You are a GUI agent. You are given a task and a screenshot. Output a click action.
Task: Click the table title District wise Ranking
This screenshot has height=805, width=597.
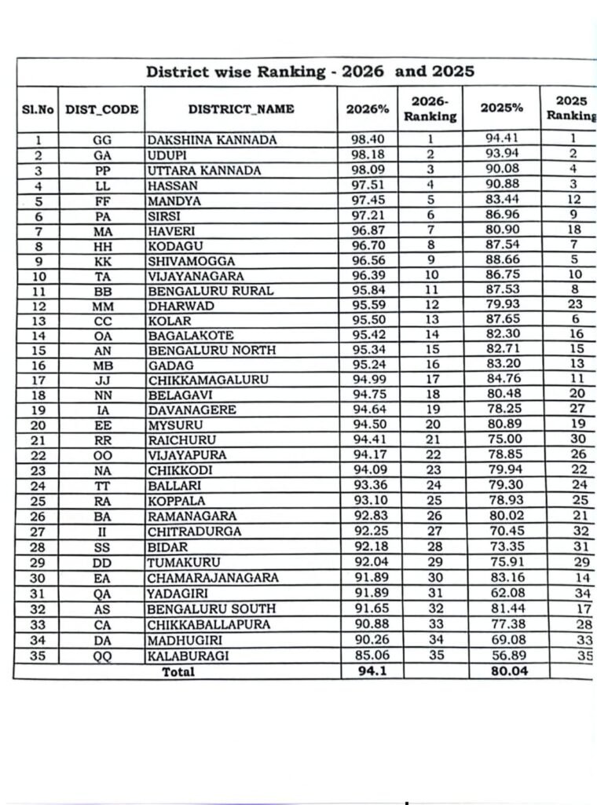[x=310, y=72]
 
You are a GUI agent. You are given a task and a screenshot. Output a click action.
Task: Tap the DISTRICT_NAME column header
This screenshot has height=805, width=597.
[x=241, y=109]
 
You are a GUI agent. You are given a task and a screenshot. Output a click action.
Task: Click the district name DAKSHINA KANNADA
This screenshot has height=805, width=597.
[x=212, y=140]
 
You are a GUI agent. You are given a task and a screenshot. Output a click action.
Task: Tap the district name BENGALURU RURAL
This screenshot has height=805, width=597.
[x=211, y=291]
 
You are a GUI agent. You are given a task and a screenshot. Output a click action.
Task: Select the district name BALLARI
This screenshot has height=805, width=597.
[x=172, y=486]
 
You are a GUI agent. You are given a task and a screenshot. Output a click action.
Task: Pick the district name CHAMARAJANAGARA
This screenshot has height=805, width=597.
[x=213, y=577]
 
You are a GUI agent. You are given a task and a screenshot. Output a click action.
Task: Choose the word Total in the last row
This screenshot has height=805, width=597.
[x=178, y=671]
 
